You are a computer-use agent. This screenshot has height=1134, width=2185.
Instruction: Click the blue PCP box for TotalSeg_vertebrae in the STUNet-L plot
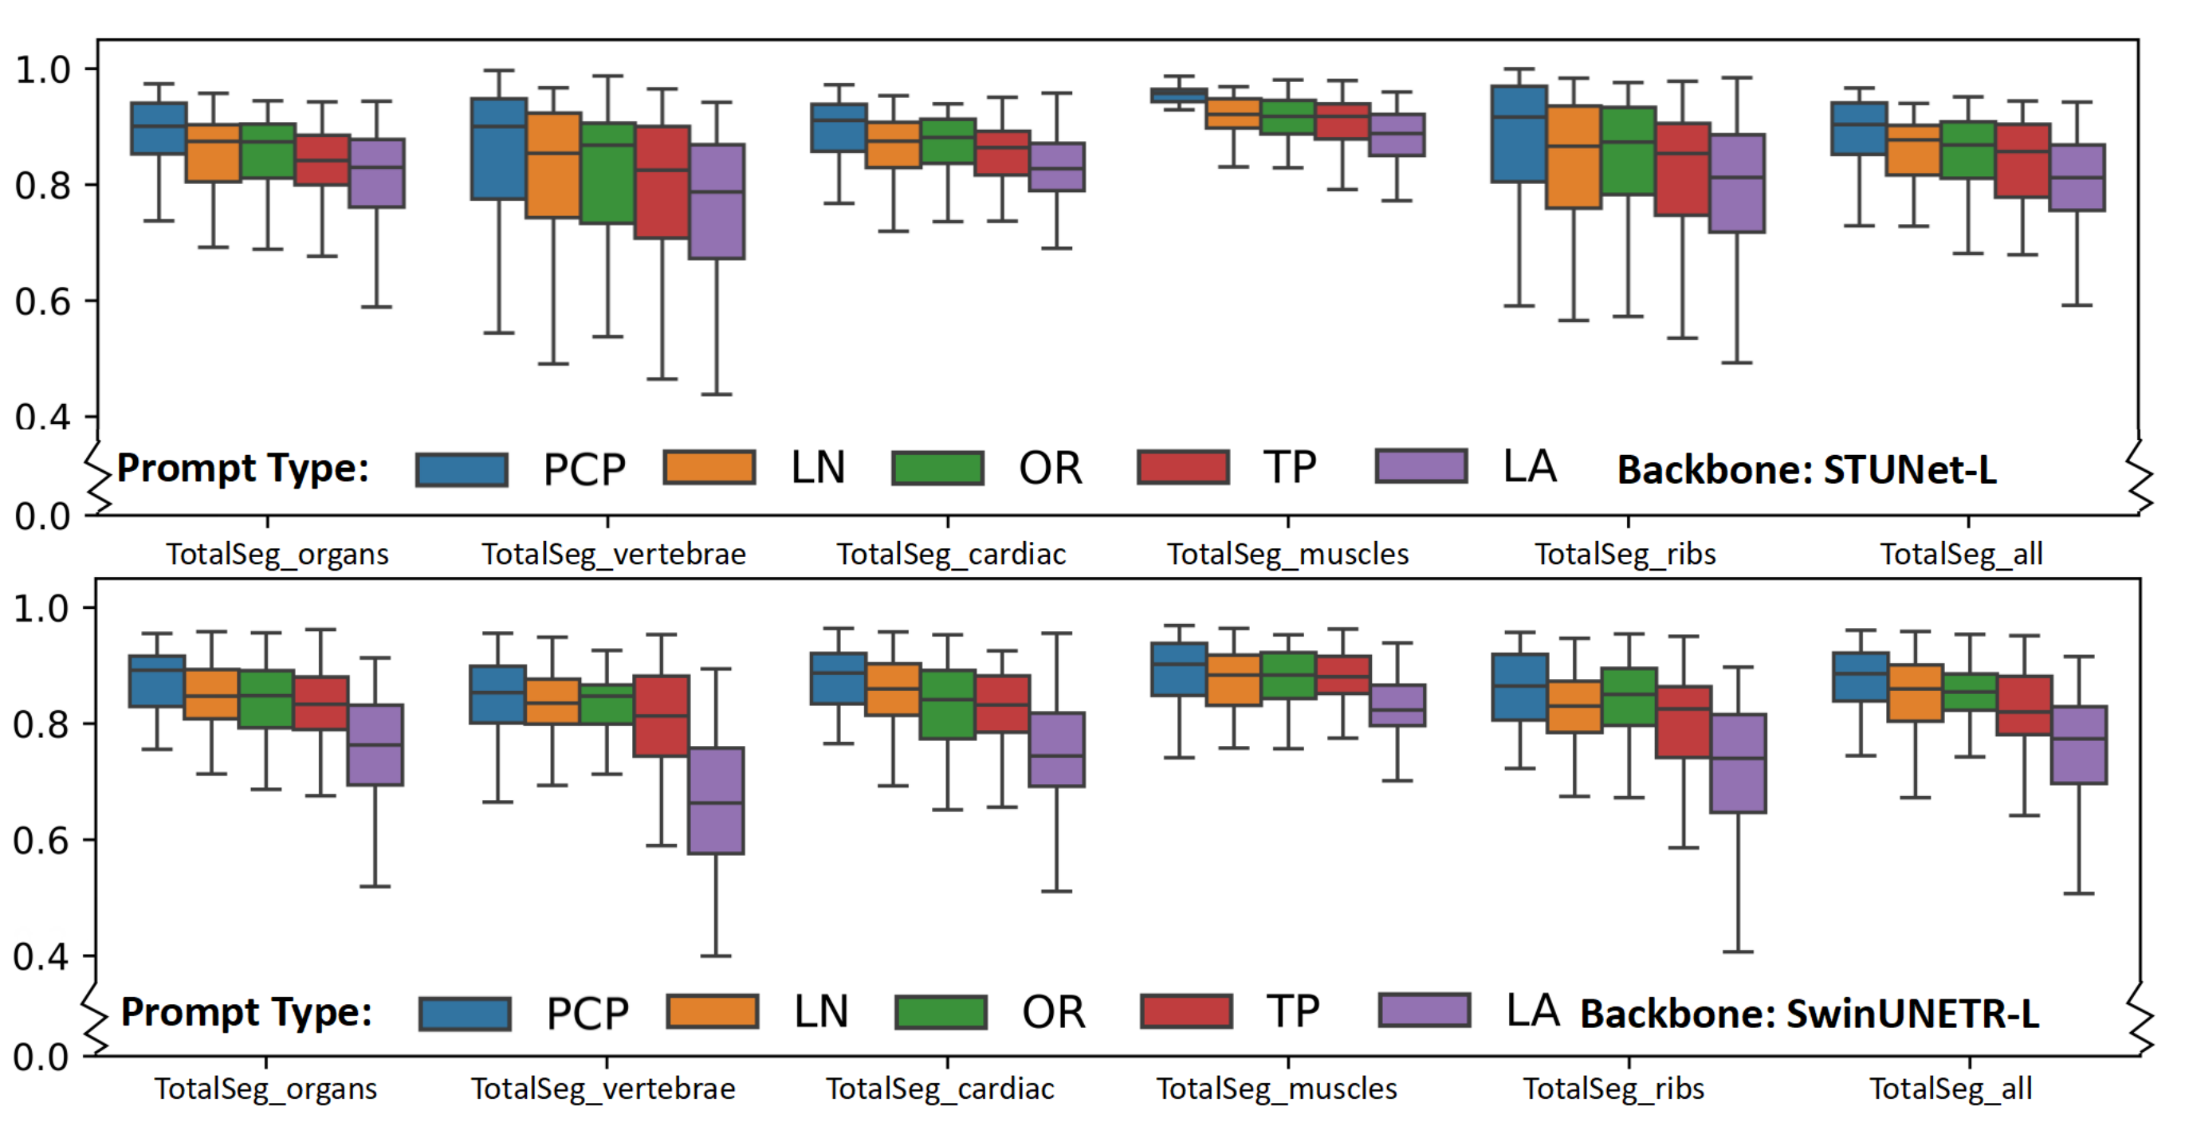click(x=499, y=148)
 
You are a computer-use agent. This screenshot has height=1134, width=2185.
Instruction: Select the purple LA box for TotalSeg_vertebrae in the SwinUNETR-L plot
click(x=716, y=800)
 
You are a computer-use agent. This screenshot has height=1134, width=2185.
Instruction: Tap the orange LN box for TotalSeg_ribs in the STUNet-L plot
click(x=1574, y=157)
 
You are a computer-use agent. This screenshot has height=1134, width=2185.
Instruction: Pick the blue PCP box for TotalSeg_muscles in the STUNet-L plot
click(x=1179, y=95)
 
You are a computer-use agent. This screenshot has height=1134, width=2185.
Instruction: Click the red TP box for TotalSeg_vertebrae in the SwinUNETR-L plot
click(x=662, y=715)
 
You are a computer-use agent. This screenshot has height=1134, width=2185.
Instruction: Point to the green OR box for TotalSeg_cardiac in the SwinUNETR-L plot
click(x=948, y=704)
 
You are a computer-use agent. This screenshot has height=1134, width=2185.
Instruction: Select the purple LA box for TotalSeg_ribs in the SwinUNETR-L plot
click(x=1738, y=763)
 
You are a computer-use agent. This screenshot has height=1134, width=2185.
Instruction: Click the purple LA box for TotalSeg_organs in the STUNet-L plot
click(x=376, y=173)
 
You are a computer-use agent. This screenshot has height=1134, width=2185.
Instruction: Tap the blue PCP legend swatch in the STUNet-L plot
click(x=462, y=469)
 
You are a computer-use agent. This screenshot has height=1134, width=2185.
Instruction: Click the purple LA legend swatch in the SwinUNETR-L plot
click(x=1425, y=1010)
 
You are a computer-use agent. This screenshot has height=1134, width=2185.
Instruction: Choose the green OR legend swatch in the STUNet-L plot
click(x=938, y=467)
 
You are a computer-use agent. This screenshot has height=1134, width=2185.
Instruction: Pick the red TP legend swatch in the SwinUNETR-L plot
click(x=1187, y=1011)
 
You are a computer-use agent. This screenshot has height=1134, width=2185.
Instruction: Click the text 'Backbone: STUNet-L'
click(x=1806, y=470)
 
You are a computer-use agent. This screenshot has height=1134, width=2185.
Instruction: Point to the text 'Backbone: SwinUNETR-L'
click(x=1810, y=1014)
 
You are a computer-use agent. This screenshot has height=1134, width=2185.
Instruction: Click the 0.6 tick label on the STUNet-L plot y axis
click(x=42, y=302)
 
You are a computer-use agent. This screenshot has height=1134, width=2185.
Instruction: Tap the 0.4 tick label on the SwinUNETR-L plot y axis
click(x=41, y=957)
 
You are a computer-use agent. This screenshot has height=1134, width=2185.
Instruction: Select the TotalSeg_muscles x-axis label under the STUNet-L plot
click(x=1287, y=555)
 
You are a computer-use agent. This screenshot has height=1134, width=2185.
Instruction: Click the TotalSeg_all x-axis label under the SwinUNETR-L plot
click(x=1951, y=1089)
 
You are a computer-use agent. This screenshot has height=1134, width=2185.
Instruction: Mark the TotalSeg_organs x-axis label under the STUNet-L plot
click(x=277, y=555)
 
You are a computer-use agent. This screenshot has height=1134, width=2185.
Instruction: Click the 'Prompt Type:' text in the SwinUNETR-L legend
click(x=246, y=1013)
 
